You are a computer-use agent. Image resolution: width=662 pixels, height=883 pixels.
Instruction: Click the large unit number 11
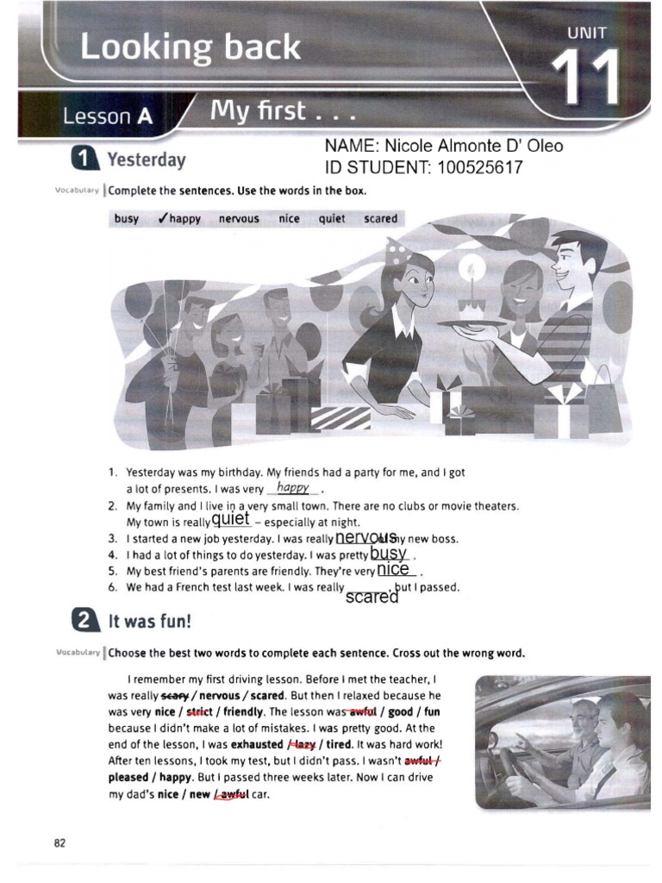585,77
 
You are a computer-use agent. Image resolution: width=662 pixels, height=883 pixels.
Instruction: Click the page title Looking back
190,47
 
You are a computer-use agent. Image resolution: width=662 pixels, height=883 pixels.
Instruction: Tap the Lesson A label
104,116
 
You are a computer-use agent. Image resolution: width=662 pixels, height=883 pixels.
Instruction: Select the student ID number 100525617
479,168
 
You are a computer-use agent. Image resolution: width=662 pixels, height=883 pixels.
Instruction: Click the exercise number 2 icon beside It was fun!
83,621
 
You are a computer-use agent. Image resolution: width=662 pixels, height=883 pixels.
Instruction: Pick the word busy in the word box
126,219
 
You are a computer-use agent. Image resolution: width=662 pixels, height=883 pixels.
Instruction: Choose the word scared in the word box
380,219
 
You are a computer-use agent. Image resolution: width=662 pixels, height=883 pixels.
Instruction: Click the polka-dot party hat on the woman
397,252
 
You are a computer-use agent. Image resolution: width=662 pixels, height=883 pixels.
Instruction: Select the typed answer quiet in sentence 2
231,519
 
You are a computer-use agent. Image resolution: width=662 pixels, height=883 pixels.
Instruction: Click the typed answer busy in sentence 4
388,553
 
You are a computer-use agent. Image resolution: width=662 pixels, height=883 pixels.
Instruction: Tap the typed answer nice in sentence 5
393,569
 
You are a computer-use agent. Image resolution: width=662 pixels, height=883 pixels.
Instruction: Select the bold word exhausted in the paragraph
256,744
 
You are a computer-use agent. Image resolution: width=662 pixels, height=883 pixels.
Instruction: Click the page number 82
59,842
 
